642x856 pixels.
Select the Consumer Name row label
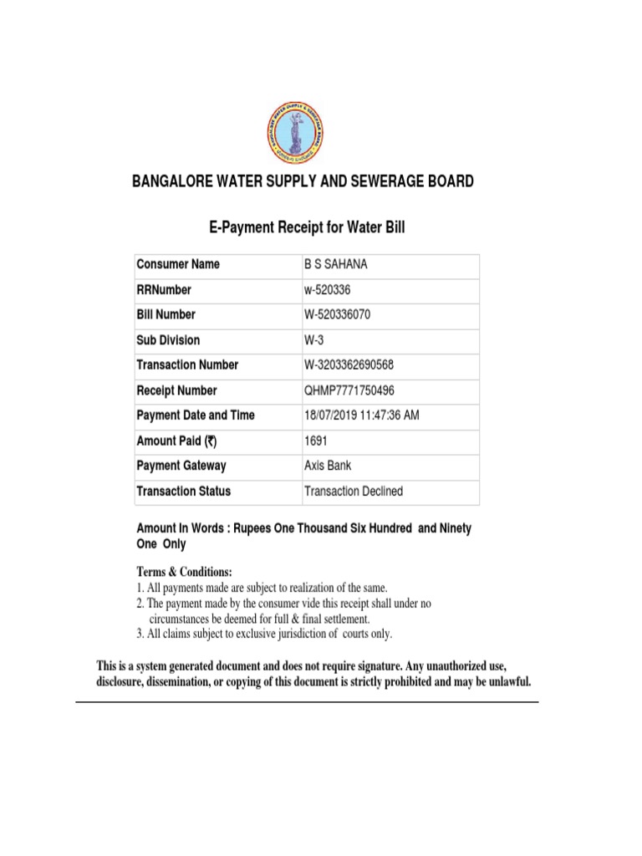point(178,264)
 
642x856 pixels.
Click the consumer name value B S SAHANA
point(335,264)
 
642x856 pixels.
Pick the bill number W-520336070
point(342,314)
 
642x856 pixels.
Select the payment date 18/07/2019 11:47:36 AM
point(362,415)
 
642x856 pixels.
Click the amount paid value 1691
point(317,441)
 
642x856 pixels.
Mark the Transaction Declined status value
point(354,492)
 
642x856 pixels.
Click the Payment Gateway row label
point(181,466)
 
